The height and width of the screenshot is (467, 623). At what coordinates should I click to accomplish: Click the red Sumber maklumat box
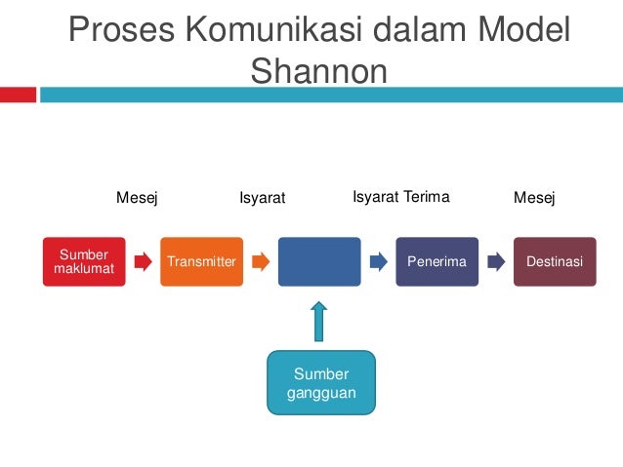click(x=84, y=261)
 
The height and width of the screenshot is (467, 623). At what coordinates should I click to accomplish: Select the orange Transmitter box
click(x=202, y=261)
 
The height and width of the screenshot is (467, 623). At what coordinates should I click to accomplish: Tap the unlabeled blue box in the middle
click(x=319, y=261)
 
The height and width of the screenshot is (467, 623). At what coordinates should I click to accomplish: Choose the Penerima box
click(x=436, y=261)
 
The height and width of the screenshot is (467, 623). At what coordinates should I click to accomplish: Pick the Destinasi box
click(x=555, y=261)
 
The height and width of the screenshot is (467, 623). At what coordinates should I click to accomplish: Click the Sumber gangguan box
click(x=320, y=383)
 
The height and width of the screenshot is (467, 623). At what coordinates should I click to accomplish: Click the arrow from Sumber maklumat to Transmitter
click(x=144, y=261)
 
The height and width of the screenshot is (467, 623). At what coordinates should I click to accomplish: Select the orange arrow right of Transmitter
click(x=261, y=261)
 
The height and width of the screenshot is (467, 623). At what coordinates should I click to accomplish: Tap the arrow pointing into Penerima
click(x=379, y=261)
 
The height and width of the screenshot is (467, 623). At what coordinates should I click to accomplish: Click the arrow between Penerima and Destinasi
click(x=496, y=261)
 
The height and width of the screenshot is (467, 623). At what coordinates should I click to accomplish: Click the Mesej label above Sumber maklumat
click(x=137, y=199)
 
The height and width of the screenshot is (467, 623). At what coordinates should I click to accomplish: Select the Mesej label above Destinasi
click(x=534, y=199)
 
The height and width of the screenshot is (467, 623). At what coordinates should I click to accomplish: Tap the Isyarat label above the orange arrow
click(x=262, y=199)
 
